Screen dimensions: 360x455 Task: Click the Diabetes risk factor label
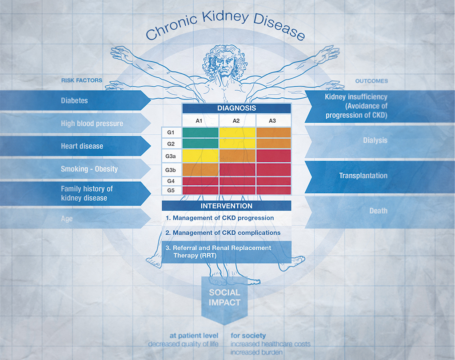(x=74, y=101)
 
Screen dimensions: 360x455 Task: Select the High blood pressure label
(x=92, y=124)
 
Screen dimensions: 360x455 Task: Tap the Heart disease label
(x=82, y=146)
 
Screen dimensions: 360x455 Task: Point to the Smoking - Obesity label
(x=89, y=169)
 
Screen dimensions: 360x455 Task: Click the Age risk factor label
(x=67, y=219)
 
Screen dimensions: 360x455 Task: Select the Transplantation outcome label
(x=363, y=176)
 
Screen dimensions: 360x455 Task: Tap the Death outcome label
(x=378, y=211)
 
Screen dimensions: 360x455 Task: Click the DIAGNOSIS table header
(x=236, y=108)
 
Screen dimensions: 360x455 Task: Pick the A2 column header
(x=237, y=120)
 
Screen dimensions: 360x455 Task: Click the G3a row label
(x=171, y=156)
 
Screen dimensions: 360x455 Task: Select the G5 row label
(x=171, y=190)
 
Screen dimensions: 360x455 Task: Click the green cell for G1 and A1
(x=200, y=132)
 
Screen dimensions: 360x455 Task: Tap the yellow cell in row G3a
(x=200, y=156)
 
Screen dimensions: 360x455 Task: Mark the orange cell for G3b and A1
(x=200, y=170)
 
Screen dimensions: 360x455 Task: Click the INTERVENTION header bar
(x=226, y=206)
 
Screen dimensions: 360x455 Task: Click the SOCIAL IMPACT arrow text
(x=224, y=297)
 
